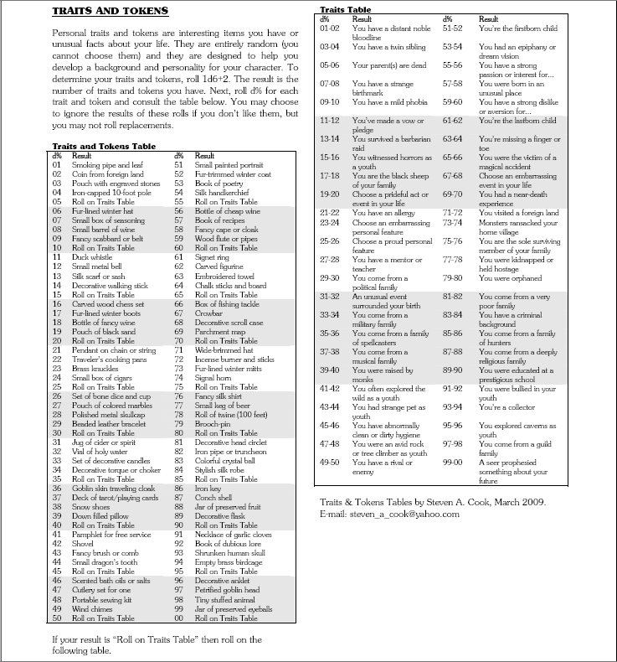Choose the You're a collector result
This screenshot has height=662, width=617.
click(505, 407)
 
